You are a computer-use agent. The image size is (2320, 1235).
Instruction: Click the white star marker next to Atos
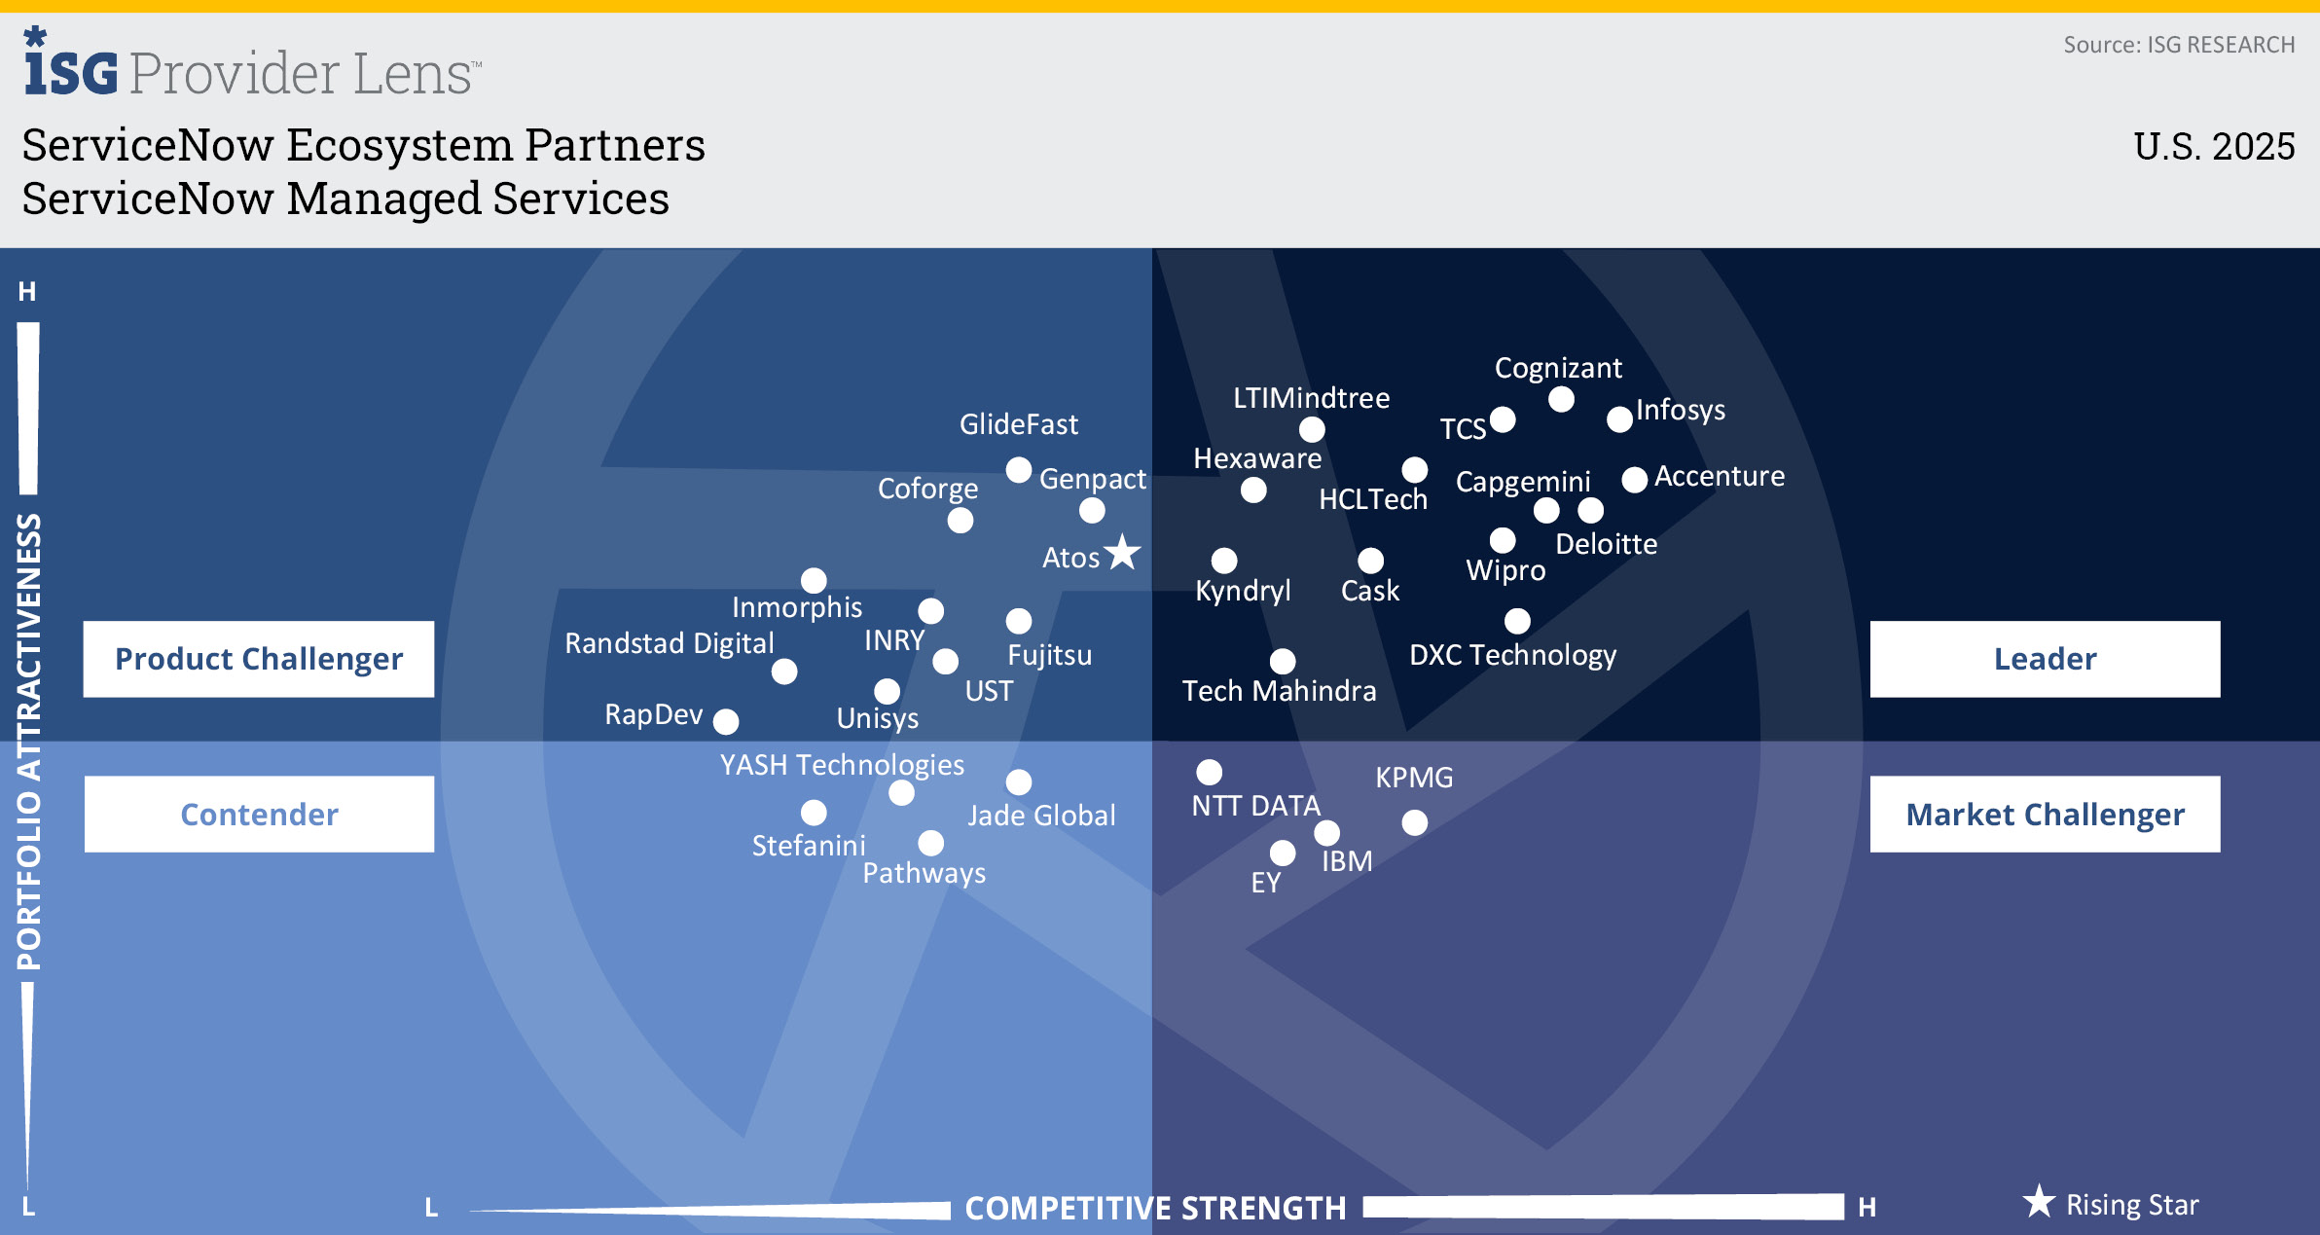pyautogui.click(x=1123, y=552)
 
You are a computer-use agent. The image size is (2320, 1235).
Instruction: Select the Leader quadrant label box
pyautogui.click(x=2045, y=659)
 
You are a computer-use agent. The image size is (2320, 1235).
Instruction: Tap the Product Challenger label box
pyautogui.click(x=259, y=659)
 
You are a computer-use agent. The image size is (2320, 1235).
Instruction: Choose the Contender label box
pyautogui.click(x=259, y=814)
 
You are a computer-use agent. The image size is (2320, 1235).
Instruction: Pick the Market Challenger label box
pyautogui.click(x=2045, y=814)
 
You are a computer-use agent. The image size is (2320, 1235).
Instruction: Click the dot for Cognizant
pyautogui.click(x=1561, y=399)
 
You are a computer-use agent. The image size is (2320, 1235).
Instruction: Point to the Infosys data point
pyautogui.click(x=1619, y=419)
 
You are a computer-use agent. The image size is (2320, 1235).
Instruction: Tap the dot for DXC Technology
pyautogui.click(x=1517, y=620)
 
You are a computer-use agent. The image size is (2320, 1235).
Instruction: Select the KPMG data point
pyautogui.click(x=1414, y=822)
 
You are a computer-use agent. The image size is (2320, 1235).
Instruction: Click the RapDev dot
pyautogui.click(x=726, y=721)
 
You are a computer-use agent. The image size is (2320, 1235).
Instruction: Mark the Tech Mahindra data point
pyautogui.click(x=1283, y=661)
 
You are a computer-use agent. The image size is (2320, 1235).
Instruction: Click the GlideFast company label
pyautogui.click(x=1018, y=424)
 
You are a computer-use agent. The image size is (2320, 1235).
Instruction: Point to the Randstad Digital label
pyautogui.click(x=670, y=643)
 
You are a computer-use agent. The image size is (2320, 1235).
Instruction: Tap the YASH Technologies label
pyautogui.click(x=842, y=765)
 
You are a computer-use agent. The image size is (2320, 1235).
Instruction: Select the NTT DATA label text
pyautogui.click(x=1255, y=806)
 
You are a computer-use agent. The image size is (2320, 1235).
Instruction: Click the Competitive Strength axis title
pyautogui.click(x=1155, y=1208)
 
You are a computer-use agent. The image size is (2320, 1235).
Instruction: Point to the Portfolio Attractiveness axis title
pyautogui.click(x=29, y=742)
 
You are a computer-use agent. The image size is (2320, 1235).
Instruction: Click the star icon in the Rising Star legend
pyautogui.click(x=2039, y=1202)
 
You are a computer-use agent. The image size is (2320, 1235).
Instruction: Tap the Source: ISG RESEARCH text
pyautogui.click(x=2179, y=45)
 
